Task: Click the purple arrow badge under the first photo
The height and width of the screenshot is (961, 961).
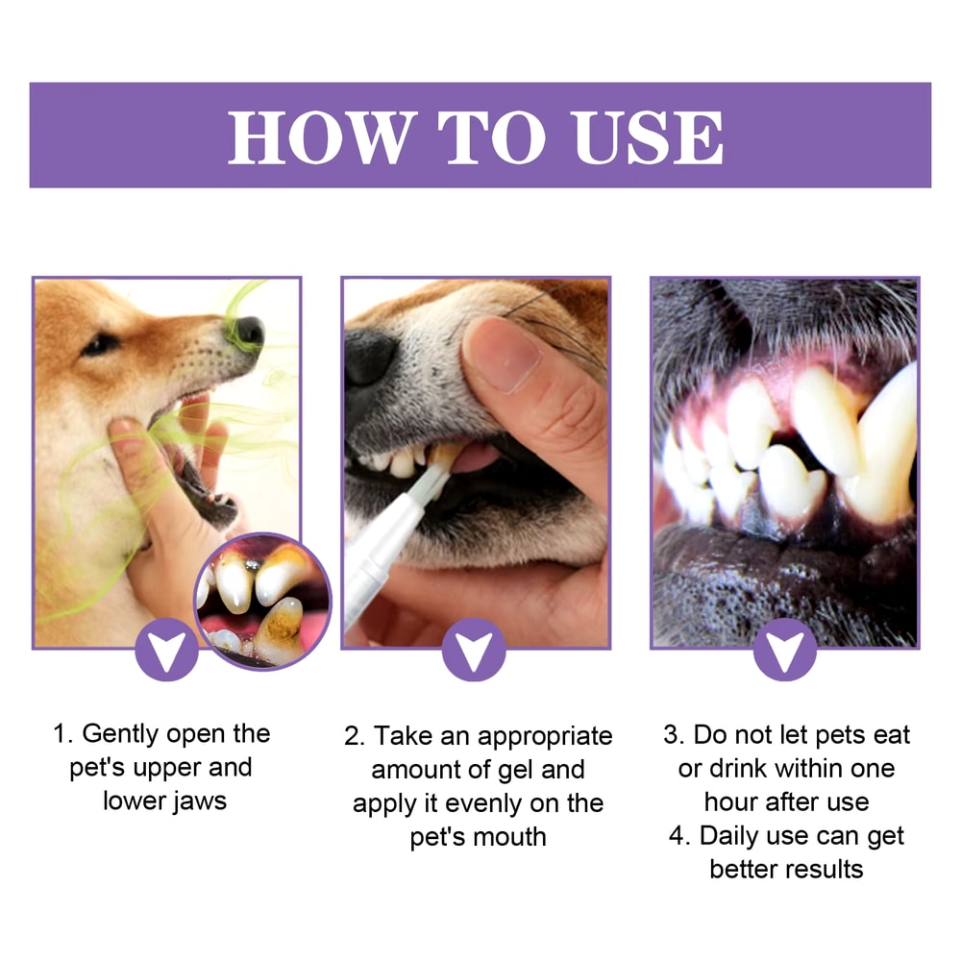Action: click(167, 651)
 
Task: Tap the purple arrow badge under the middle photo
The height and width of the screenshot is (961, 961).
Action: click(475, 651)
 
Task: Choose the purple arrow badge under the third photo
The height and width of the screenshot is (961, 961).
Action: click(784, 651)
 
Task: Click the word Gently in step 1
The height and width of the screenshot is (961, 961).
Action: click(121, 734)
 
